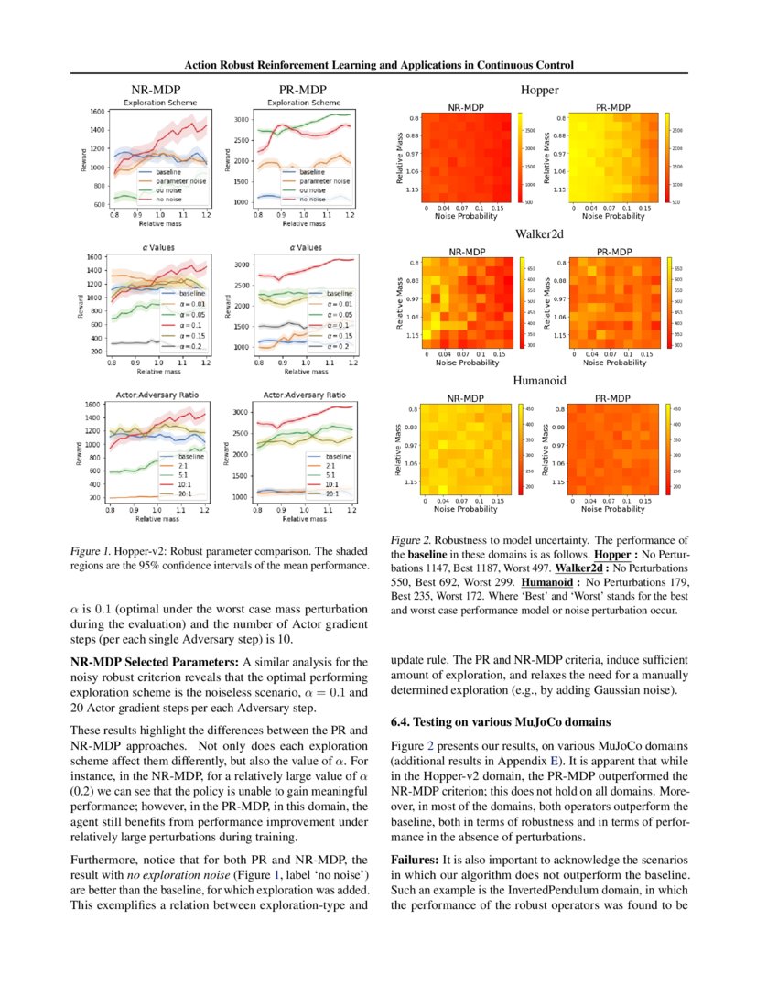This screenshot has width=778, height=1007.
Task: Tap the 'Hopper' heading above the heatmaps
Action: [x=540, y=90]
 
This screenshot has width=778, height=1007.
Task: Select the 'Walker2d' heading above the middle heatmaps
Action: [x=541, y=234]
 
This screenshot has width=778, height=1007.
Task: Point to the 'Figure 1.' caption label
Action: [x=92, y=552]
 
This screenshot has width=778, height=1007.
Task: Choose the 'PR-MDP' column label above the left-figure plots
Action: [x=302, y=90]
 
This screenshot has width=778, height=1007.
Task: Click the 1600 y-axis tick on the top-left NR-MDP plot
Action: [x=96, y=112]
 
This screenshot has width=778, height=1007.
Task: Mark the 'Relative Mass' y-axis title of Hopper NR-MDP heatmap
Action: [x=400, y=159]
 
